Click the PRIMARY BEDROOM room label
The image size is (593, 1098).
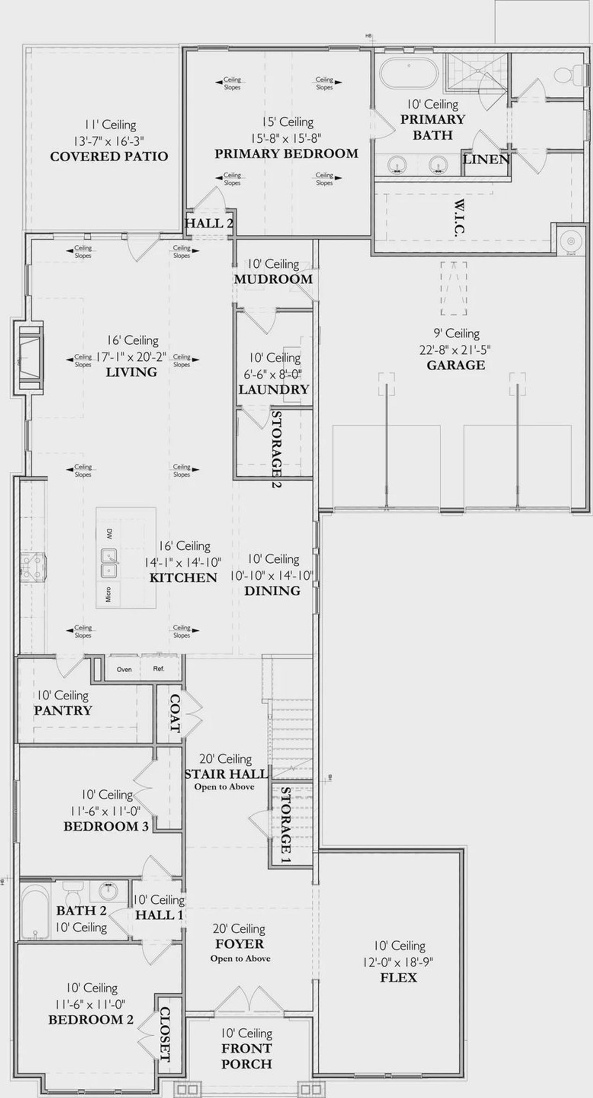286,154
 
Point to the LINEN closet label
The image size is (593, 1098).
486,160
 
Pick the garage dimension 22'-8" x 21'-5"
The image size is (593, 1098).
455,349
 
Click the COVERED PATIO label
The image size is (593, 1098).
109,157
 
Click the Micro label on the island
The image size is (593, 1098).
108,594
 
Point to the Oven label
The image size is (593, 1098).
124,669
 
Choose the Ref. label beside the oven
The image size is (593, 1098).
158,669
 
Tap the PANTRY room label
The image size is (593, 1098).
63,711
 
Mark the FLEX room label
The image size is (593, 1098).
398,978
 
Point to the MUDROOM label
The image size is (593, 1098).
273,279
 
